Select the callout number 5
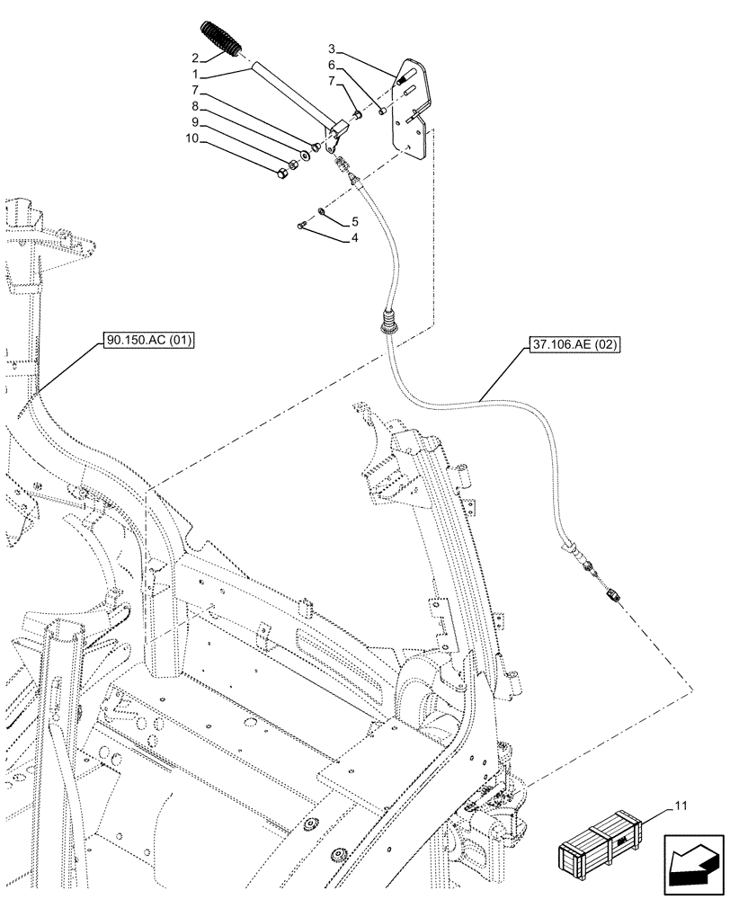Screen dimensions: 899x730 (x=354, y=220)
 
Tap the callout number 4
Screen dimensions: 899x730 (x=354, y=239)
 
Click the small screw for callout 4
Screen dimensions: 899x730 (x=304, y=225)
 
